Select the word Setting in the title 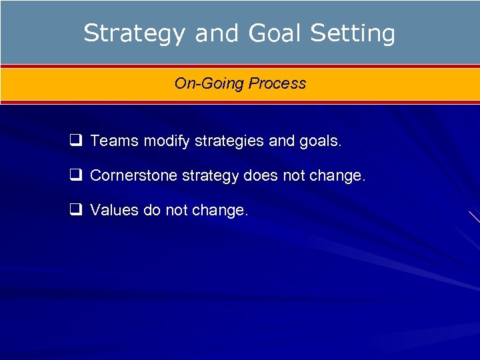pyautogui.click(x=354, y=33)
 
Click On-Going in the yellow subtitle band pyautogui.click(x=209, y=83)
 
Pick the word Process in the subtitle pyautogui.click(x=277, y=83)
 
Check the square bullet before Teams pyautogui.click(x=75, y=141)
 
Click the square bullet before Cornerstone pyautogui.click(x=75, y=175)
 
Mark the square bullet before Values pyautogui.click(x=75, y=210)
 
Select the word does pyautogui.click(x=261, y=175)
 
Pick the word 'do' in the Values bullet pyautogui.click(x=151, y=210)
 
